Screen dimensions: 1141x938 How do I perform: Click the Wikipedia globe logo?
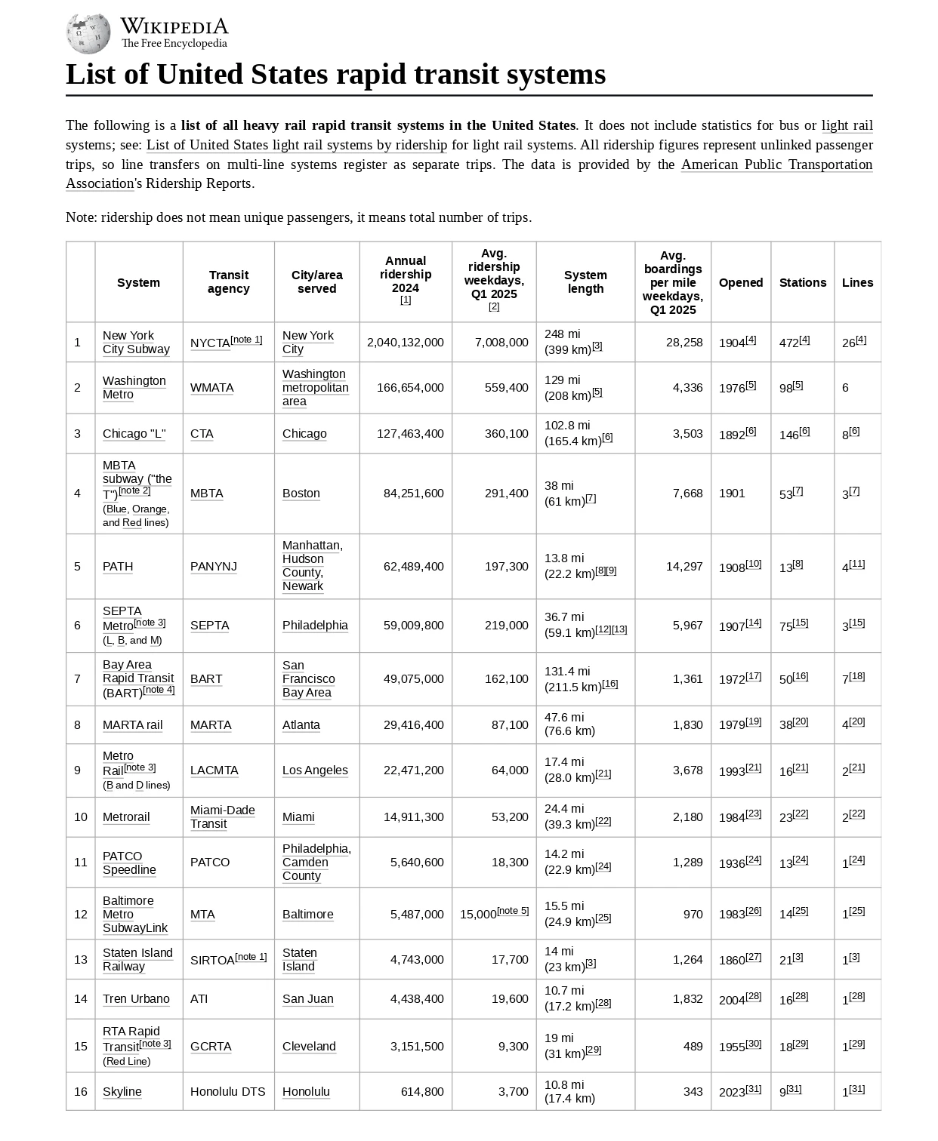[88, 33]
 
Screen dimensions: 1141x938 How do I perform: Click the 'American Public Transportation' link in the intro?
[776, 165]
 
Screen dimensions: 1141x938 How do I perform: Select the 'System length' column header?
[585, 282]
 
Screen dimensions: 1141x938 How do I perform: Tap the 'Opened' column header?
[740, 283]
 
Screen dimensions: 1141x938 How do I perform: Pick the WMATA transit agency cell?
[212, 388]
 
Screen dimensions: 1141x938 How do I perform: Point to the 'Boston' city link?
[301, 494]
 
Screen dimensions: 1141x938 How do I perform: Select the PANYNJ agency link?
[214, 567]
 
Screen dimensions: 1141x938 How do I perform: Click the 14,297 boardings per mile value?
[684, 567]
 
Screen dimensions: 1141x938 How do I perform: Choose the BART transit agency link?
[206, 679]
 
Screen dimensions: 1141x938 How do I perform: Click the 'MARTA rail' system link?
[133, 725]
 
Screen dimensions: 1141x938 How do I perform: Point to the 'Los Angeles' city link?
[315, 770]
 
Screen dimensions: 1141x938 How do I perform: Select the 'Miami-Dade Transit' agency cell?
[223, 817]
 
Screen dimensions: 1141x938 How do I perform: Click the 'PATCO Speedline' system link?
[129, 863]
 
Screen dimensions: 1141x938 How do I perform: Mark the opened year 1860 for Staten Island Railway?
[732, 961]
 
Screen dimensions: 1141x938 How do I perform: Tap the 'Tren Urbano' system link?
[136, 999]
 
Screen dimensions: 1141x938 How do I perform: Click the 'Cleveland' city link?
[309, 1047]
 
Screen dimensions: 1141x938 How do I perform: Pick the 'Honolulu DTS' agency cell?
[228, 1092]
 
